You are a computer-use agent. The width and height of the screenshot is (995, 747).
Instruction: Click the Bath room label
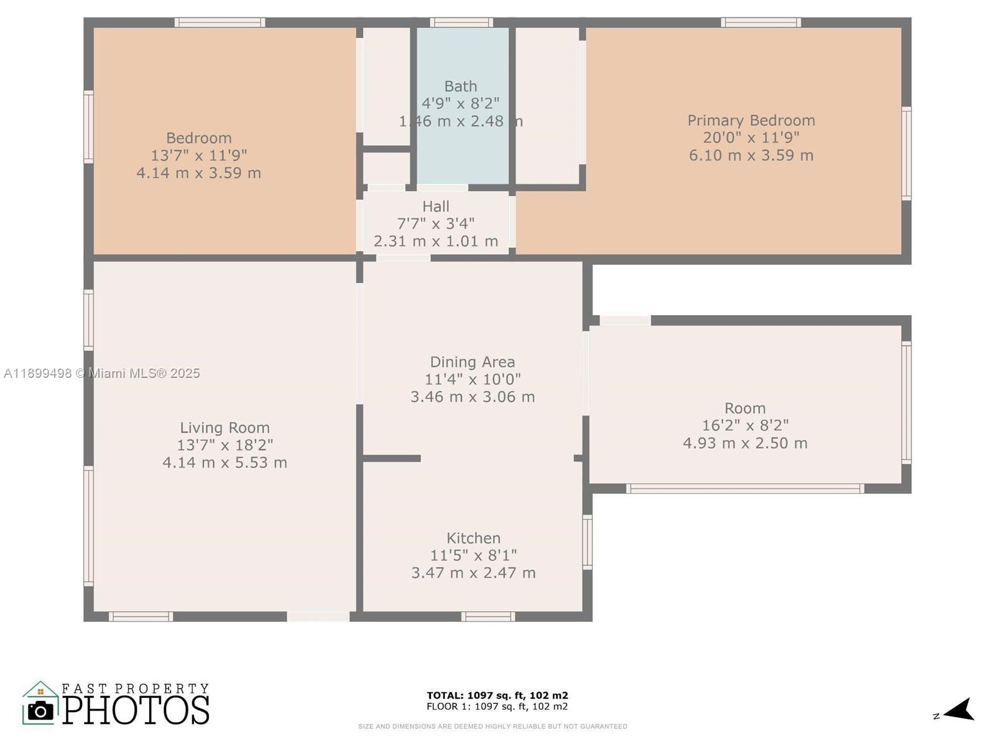point(460,87)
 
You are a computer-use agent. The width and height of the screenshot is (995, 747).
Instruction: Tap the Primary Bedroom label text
point(751,120)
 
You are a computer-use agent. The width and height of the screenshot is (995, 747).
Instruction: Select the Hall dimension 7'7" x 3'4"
point(435,223)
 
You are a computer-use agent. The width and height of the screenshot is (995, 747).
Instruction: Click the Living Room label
point(224,428)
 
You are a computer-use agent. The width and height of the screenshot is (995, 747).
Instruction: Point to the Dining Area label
point(472,362)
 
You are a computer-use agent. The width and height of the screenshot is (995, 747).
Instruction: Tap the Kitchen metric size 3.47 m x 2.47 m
point(473,573)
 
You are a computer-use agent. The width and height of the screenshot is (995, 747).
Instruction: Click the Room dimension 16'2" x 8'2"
point(745,426)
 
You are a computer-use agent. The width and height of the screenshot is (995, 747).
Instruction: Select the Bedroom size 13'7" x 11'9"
point(198,155)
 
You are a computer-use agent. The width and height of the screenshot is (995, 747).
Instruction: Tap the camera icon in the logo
point(41,710)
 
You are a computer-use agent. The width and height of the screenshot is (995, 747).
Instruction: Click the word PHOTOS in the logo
point(136,710)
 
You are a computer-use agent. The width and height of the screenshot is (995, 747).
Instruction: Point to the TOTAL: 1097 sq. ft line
point(497,695)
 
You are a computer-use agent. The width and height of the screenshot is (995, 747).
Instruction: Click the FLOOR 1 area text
point(497,707)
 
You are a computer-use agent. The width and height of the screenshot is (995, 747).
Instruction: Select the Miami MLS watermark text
point(101,374)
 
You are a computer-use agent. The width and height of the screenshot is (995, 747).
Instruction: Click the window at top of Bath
point(461,23)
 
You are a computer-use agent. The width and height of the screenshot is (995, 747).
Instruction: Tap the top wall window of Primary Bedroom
point(761,23)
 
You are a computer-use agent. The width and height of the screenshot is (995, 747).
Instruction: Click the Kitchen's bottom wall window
point(488,617)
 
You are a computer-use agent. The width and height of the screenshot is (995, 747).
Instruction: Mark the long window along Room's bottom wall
point(744,489)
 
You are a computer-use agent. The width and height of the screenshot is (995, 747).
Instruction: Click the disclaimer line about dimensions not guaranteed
point(493,726)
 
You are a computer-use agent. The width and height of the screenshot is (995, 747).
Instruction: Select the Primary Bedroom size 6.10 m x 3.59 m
point(751,155)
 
